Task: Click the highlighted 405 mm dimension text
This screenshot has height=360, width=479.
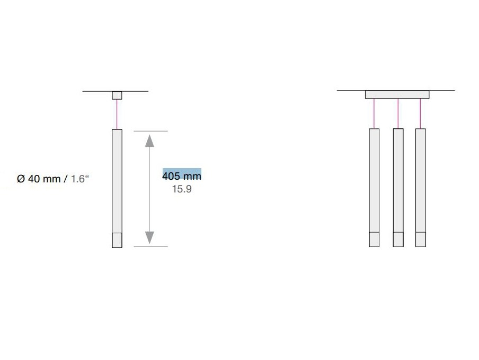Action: pyautogui.click(x=182, y=175)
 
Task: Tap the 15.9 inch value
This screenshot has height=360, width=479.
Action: pyautogui.click(x=182, y=189)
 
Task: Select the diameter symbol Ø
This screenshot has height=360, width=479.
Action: pyautogui.click(x=21, y=179)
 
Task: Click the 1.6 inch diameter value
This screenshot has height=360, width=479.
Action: pyautogui.click(x=79, y=179)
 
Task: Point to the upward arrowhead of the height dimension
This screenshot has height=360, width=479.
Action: pyautogui.click(x=149, y=141)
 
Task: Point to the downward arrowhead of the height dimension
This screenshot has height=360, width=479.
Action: pyautogui.click(x=149, y=238)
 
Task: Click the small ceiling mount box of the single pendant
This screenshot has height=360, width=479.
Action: pyautogui.click(x=117, y=95)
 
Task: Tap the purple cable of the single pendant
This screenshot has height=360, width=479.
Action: pyautogui.click(x=117, y=115)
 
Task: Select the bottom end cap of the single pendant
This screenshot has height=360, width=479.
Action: pyautogui.click(x=117, y=240)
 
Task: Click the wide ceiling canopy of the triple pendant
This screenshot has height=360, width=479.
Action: pyautogui.click(x=397, y=94)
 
